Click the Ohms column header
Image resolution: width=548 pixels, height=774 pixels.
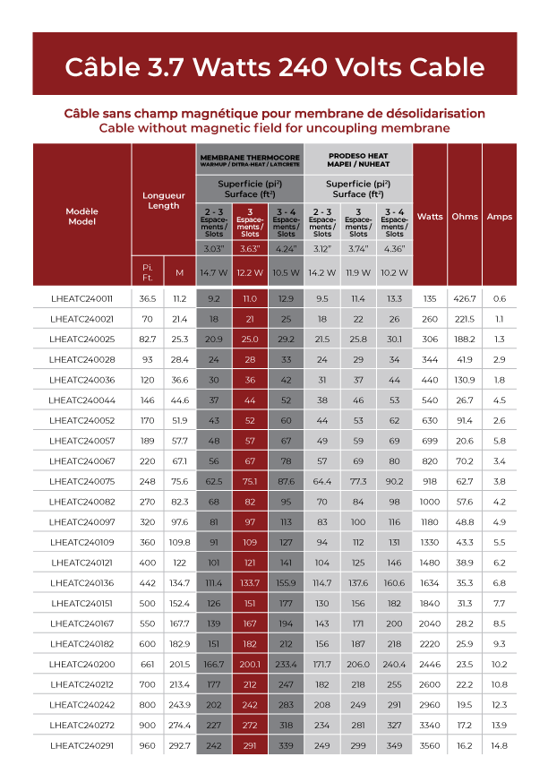click(464, 216)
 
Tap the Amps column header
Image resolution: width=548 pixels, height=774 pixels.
click(499, 216)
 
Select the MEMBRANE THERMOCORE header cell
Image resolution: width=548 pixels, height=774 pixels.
click(250, 159)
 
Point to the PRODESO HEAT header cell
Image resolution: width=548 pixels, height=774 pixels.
click(357, 159)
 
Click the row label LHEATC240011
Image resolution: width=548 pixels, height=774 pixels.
click(81, 298)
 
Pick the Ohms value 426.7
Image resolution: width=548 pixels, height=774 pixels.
click(464, 298)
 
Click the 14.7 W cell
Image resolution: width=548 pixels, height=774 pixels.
click(214, 271)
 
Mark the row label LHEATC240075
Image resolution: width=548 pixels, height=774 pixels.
click(81, 480)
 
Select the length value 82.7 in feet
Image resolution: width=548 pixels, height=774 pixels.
click(148, 339)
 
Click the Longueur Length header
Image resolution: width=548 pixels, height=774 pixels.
click(164, 200)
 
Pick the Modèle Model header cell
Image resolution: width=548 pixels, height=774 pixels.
click(81, 216)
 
